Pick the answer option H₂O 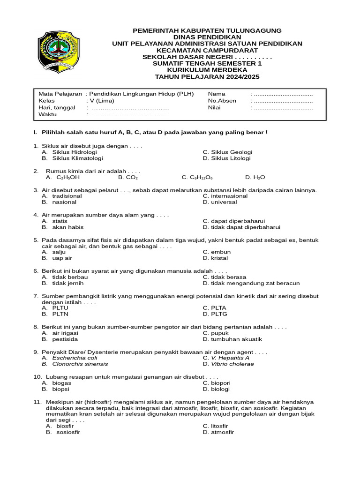259,178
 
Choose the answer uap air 62,258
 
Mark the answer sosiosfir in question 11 68,432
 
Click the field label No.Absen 222,101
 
